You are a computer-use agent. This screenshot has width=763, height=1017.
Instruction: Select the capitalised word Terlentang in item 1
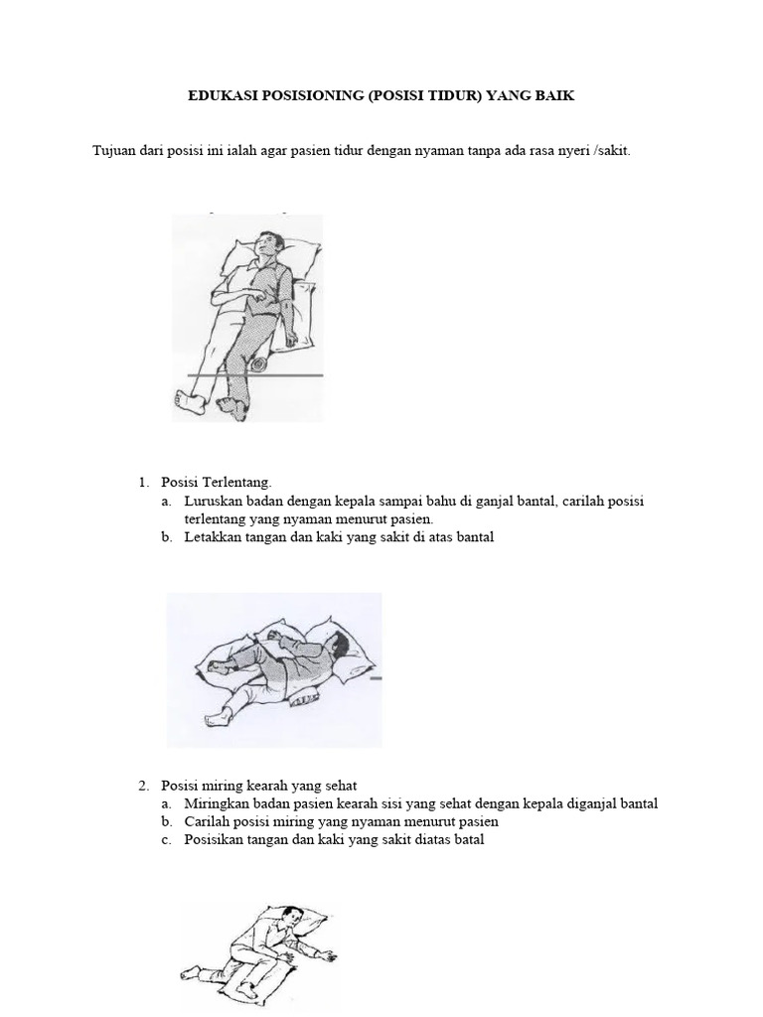235,482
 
